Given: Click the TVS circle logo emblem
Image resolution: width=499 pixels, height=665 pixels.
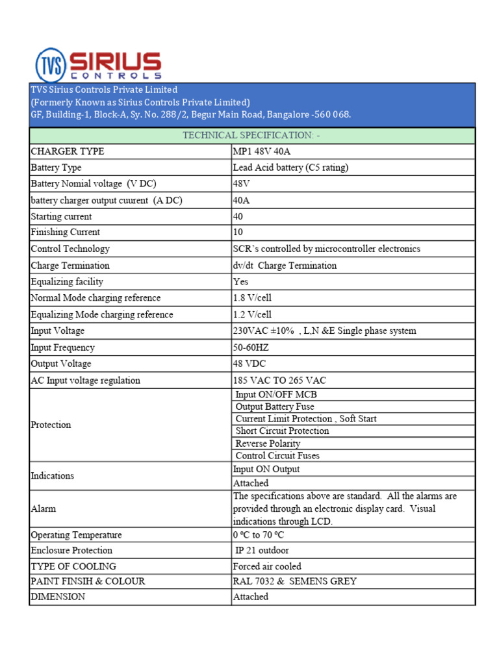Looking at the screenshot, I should click(51, 64).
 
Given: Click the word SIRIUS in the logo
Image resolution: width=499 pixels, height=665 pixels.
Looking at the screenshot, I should click(114, 62).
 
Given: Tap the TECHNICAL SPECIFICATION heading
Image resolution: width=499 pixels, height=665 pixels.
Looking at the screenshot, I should click(251, 135).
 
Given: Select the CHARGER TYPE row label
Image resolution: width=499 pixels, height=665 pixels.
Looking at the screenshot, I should click(68, 151).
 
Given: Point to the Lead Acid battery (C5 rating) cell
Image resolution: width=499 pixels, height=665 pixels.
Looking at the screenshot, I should click(290, 168).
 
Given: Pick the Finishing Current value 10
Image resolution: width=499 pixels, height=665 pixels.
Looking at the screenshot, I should click(238, 232).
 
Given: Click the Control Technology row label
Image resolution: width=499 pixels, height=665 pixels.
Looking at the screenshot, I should click(70, 249).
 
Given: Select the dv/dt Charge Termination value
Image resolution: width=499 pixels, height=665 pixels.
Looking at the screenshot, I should click(285, 266).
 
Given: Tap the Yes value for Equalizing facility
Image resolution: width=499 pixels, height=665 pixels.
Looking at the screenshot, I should click(240, 282).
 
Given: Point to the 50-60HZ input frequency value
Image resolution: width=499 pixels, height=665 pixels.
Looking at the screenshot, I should click(251, 347).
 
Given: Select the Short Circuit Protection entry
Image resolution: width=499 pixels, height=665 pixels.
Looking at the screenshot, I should click(282, 431).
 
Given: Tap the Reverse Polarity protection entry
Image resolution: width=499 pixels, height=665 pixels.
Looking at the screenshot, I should click(268, 444).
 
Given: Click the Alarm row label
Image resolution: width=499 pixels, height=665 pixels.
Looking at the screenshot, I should click(43, 509).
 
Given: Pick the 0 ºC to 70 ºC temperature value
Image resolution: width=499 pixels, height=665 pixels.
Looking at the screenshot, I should click(259, 535).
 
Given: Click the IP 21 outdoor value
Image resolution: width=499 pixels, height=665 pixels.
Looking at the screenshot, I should click(262, 551).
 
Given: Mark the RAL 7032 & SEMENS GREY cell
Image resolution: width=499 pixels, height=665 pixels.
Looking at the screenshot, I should click(294, 581).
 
